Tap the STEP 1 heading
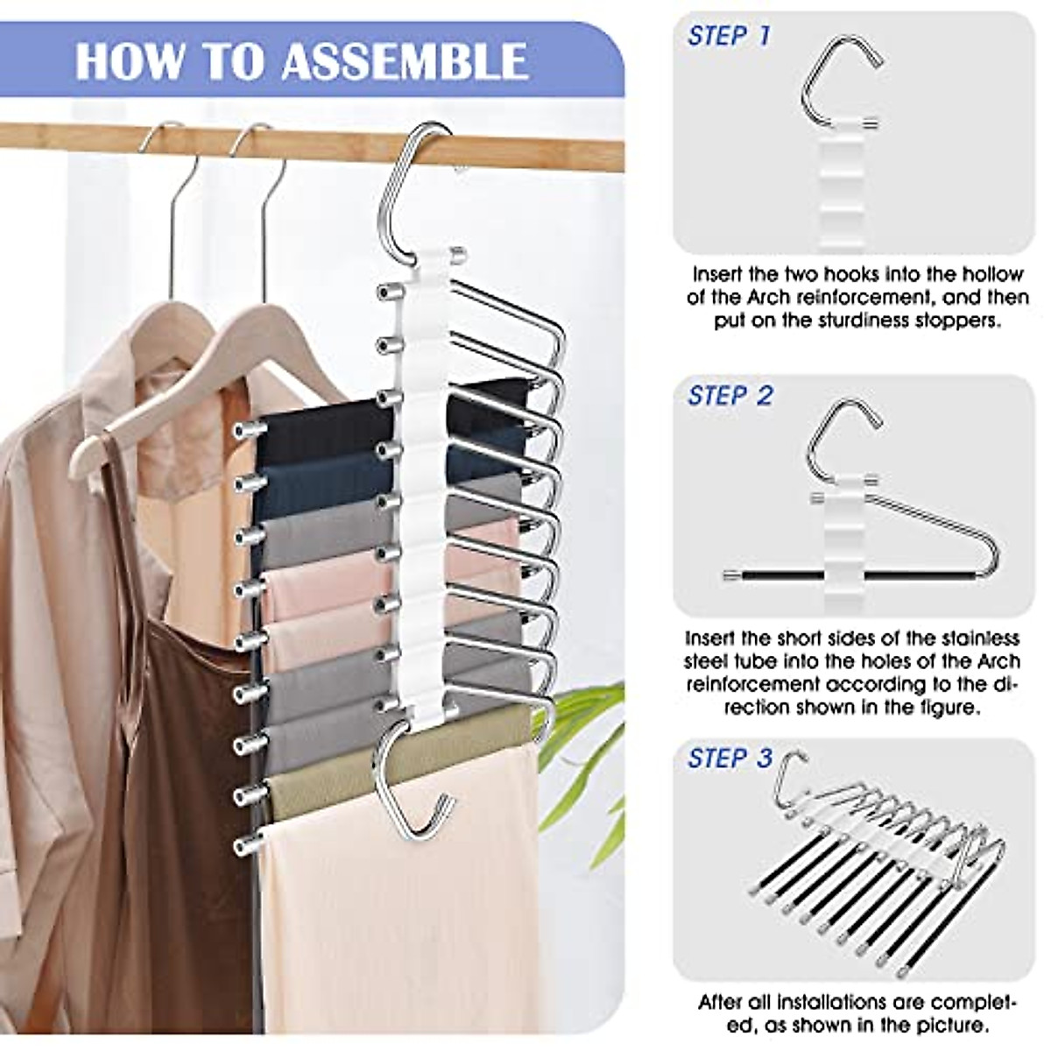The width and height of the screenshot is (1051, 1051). [x=730, y=36]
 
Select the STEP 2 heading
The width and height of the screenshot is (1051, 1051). [x=730, y=395]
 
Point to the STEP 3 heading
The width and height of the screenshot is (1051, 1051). [x=730, y=758]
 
